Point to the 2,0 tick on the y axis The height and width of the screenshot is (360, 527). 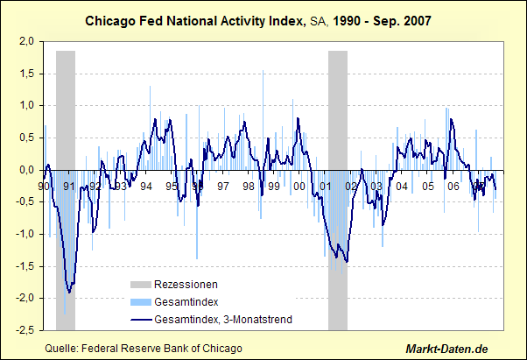click(28, 41)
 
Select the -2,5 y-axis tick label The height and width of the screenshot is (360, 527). click(25, 330)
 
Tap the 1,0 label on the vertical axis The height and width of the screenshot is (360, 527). click(28, 105)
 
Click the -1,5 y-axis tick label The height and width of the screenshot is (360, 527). click(25, 266)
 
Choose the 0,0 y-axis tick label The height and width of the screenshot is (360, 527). click(28, 170)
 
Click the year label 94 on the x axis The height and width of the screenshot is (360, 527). click(146, 186)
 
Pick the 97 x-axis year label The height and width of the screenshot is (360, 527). click(223, 186)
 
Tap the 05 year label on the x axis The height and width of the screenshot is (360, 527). click(428, 186)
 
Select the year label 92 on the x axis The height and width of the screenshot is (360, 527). click(95, 186)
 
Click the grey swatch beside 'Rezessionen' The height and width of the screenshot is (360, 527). click(140, 285)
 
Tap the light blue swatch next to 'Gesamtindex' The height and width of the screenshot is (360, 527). click(140, 302)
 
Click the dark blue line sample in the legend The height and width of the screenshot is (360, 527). click(140, 320)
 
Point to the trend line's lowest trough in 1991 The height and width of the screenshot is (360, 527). click(69, 292)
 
